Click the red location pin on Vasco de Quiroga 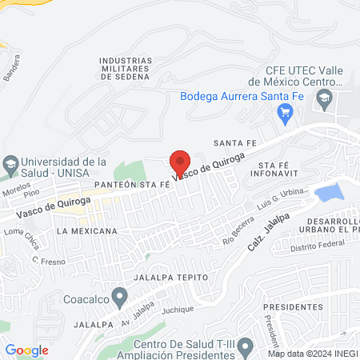tap(180, 160)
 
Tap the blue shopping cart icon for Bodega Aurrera tap(284, 114)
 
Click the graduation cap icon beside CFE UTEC tap(324, 100)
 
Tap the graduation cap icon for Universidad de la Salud tap(10, 166)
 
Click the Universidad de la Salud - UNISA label tap(63, 166)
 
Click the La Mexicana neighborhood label tap(87, 230)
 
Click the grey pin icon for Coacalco tap(119, 299)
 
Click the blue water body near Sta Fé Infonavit tap(328, 192)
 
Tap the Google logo tap(26, 350)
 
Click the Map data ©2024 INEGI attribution tap(312, 354)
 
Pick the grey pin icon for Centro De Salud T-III tap(246, 346)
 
